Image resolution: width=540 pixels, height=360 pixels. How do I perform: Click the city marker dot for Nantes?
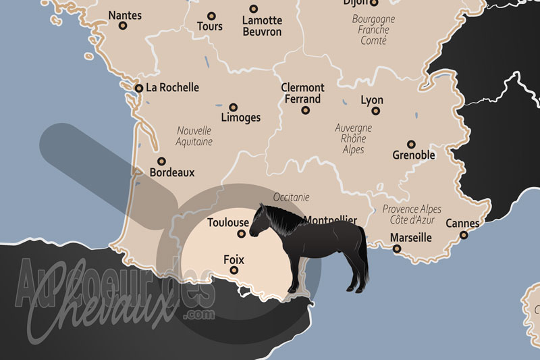point(123,26)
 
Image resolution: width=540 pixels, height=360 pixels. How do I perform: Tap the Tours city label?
point(209,26)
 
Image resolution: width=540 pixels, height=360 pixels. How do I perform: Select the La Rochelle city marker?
point(138,88)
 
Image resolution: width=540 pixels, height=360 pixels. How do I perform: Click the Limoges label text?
point(240,118)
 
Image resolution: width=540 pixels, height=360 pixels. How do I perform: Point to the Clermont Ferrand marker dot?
point(306,109)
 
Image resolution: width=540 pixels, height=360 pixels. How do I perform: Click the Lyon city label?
point(372,100)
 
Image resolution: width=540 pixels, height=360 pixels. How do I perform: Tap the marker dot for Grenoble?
point(411,144)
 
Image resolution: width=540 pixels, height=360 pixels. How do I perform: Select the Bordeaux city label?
point(171,172)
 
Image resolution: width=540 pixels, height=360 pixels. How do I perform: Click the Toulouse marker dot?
point(242,234)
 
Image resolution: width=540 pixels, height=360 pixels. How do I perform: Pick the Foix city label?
point(234,259)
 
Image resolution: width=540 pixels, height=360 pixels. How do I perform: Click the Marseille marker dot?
point(397,249)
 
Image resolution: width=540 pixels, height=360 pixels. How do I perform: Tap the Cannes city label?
point(462,224)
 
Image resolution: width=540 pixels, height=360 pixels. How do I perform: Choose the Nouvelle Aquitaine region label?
point(194,136)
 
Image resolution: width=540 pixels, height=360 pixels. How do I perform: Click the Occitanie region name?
point(292,197)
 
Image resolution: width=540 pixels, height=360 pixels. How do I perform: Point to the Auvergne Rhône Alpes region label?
point(354,138)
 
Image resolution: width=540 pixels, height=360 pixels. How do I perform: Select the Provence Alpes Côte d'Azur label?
point(412,214)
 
